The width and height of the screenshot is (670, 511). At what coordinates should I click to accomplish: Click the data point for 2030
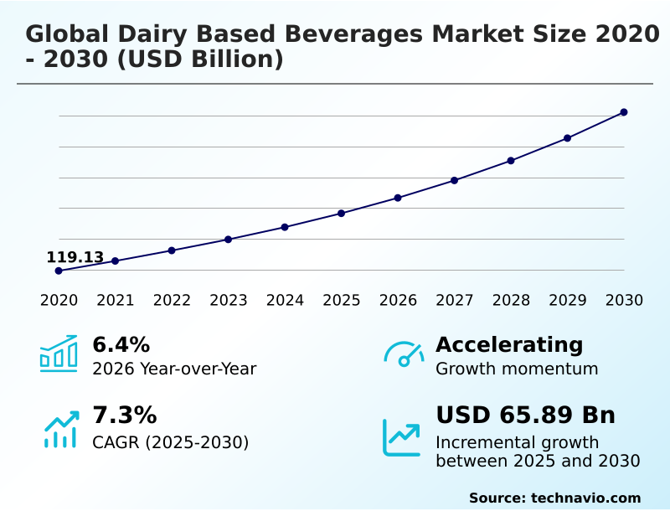pos(624,112)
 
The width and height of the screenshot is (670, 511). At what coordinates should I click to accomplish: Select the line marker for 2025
pos(342,213)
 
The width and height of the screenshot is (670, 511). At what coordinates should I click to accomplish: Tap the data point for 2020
pos(59,271)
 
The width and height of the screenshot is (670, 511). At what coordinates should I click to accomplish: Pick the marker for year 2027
pos(455,180)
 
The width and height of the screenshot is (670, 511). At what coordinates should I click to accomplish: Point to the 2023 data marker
pos(229,240)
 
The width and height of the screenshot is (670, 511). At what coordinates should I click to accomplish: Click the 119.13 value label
pos(75,257)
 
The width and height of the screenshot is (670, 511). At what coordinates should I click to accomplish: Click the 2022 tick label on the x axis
pos(172,301)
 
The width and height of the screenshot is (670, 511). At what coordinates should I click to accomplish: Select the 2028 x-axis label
pos(511,301)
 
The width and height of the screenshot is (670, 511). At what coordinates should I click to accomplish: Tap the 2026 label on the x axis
pos(398,301)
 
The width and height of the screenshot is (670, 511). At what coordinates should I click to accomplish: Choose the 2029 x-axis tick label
pos(568,301)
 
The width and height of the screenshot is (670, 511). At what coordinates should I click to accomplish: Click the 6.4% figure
pos(121,345)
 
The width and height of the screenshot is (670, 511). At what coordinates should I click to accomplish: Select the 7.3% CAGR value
pos(124,416)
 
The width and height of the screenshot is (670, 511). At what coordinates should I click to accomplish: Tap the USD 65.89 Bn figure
pos(525,416)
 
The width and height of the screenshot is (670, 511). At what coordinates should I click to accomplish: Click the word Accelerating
pos(509,345)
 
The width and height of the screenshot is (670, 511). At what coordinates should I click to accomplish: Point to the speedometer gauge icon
pos(404,354)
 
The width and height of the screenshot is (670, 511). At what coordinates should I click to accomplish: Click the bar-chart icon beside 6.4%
pos(59,354)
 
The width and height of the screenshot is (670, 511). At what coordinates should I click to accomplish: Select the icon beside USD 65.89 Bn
pos(402,436)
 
